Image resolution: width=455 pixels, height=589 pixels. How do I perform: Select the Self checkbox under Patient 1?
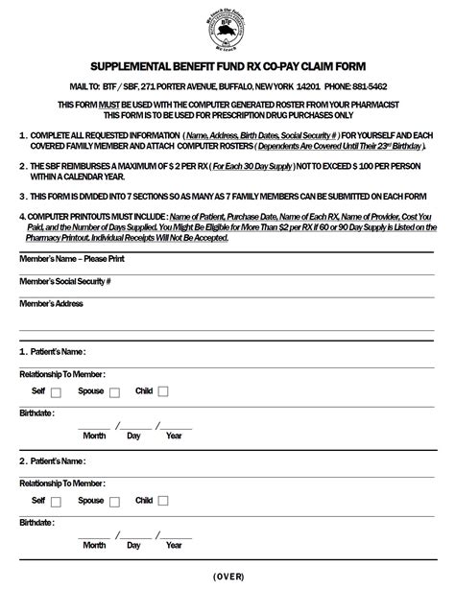(x=55, y=391)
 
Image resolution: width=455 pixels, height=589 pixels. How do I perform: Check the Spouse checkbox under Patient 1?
(x=114, y=391)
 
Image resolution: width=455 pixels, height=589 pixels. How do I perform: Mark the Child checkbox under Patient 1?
(x=163, y=391)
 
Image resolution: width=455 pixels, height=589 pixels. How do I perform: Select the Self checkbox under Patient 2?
(x=55, y=501)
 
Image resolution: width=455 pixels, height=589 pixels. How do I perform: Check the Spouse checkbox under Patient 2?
(x=114, y=501)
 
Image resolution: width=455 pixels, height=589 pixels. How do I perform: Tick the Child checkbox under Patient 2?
(x=163, y=501)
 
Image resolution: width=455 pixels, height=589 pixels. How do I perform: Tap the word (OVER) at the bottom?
(x=227, y=576)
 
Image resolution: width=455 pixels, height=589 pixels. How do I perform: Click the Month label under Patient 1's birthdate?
(x=94, y=436)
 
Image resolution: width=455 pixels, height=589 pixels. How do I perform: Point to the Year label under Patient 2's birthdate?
(x=174, y=545)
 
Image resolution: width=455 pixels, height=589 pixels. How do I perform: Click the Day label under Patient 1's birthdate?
(x=134, y=436)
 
